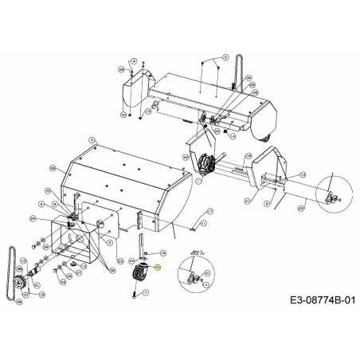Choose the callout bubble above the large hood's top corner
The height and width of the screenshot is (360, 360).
tap(93, 139)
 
